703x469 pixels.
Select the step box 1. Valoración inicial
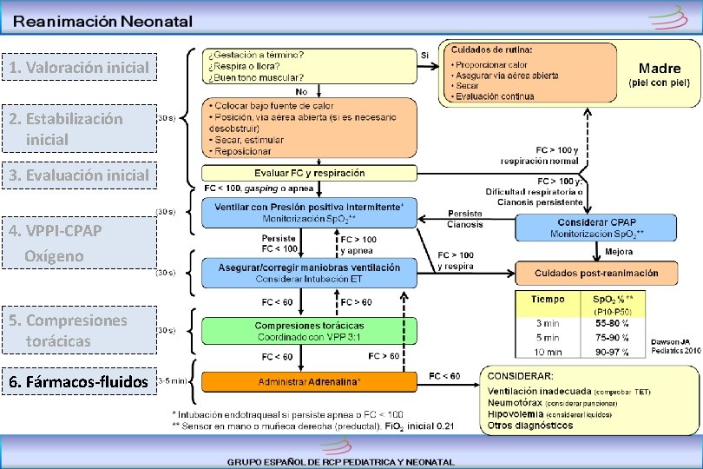click(79, 67)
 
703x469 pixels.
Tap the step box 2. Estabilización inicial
click(79, 129)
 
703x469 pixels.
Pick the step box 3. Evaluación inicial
click(79, 175)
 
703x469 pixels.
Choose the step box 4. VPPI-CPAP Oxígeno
click(79, 242)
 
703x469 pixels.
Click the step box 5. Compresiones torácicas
click(79, 330)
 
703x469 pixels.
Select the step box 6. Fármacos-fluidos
click(79, 381)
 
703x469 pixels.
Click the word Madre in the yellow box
click(659, 68)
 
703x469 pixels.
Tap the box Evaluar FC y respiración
click(309, 173)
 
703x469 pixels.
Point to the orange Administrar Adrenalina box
click(309, 382)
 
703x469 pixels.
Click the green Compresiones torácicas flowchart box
click(309, 330)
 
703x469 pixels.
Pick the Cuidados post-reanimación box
click(595, 273)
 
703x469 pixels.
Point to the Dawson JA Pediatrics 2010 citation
click(674, 346)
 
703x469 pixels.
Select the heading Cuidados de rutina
click(491, 49)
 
